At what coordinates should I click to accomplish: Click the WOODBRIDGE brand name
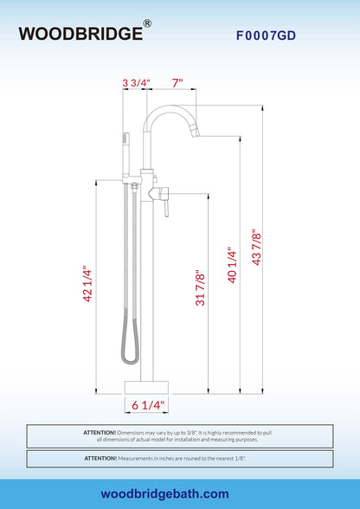point(80,34)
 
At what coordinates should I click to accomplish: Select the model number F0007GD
point(266,35)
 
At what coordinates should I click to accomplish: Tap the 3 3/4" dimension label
point(137,83)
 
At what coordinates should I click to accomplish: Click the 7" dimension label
point(177,83)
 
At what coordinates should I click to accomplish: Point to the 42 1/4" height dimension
point(88,284)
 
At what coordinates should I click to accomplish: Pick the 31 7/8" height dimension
point(200,287)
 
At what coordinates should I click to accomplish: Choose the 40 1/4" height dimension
point(232,266)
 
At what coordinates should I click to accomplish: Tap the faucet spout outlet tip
point(196,133)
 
